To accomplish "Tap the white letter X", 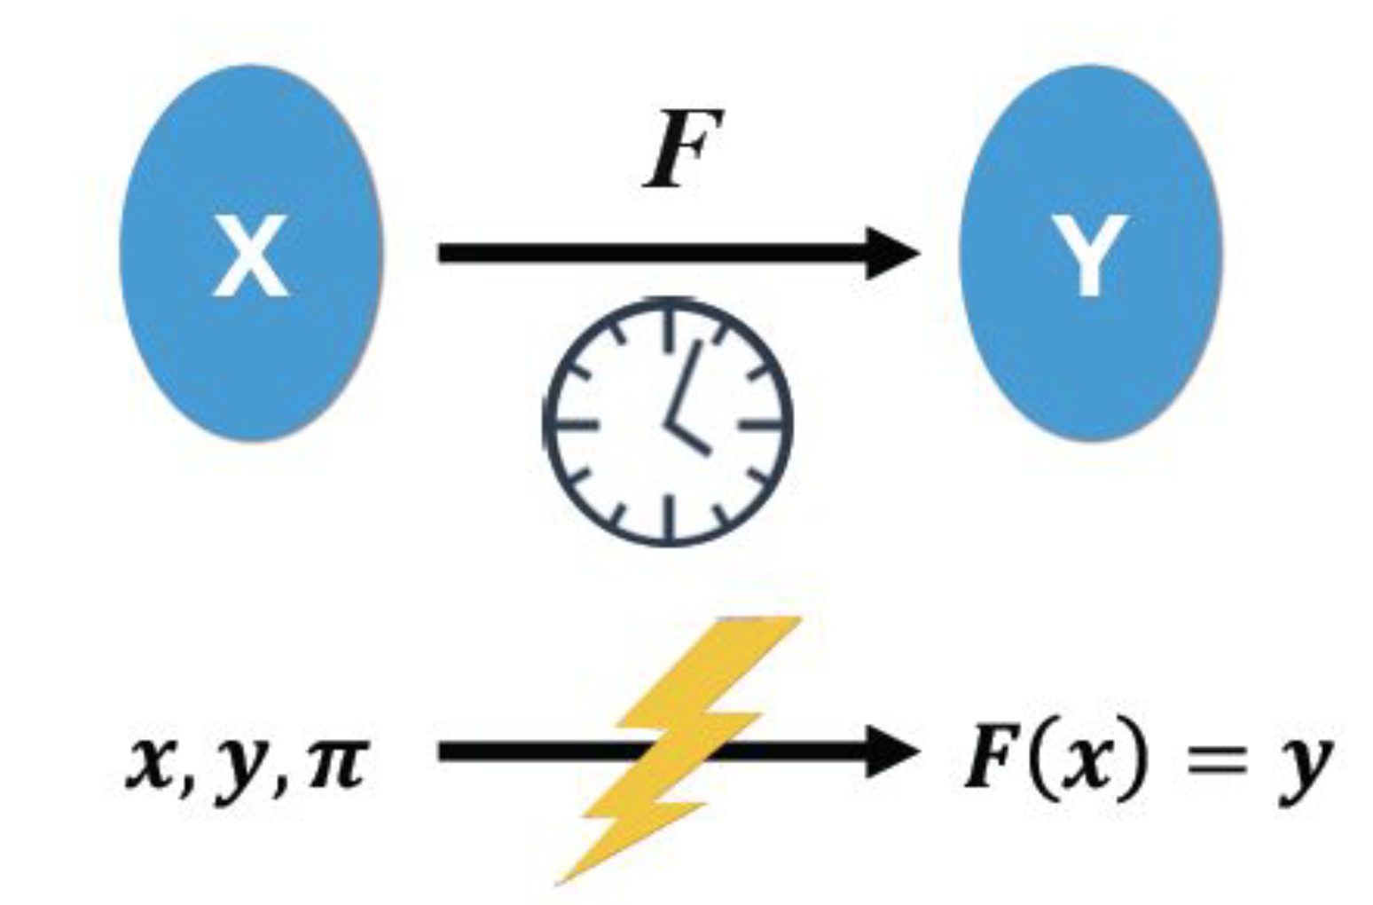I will (251, 256).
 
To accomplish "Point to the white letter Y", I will (1090, 257).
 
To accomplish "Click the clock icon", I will (667, 422).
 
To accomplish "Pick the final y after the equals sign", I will (1305, 767).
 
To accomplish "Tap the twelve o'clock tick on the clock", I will (667, 324).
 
